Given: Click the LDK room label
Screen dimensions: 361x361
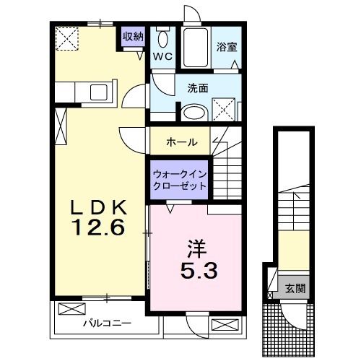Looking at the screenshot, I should click(x=100, y=207).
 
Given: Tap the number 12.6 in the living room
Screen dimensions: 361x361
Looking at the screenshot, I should click(x=99, y=229).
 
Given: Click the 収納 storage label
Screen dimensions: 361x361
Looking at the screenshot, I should click(x=133, y=35).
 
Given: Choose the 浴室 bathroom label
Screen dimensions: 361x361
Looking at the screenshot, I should click(x=227, y=48).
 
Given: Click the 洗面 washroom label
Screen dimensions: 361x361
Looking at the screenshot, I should click(x=199, y=89).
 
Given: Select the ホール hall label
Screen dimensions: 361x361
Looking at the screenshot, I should click(x=181, y=142).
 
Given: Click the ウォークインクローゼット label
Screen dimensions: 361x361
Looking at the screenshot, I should click(x=179, y=180).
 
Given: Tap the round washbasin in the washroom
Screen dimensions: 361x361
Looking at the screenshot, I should click(x=193, y=113).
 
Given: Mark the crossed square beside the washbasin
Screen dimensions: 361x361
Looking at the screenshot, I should click(x=225, y=110).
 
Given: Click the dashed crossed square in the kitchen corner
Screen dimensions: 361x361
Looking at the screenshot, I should click(x=69, y=37).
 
